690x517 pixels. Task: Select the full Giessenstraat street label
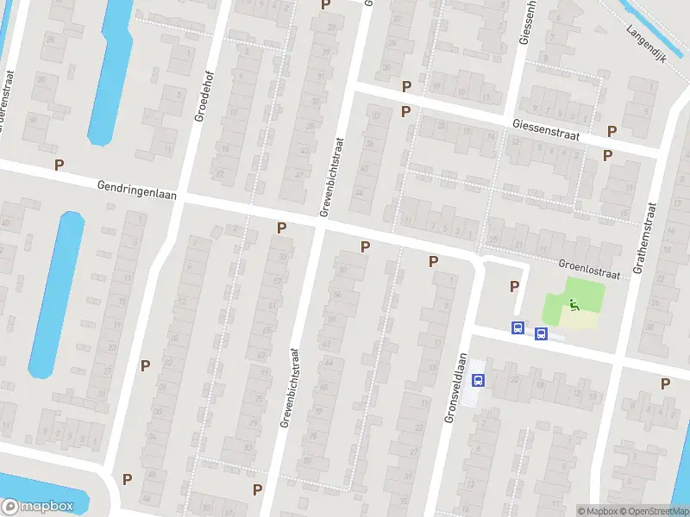click(545, 129)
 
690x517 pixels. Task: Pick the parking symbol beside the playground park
click(515, 287)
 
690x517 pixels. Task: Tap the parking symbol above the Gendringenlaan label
click(60, 165)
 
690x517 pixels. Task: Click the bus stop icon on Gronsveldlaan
click(478, 378)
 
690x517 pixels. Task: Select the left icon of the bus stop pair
click(517, 327)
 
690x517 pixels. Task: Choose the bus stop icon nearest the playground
click(541, 333)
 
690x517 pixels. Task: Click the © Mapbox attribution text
click(599, 510)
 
